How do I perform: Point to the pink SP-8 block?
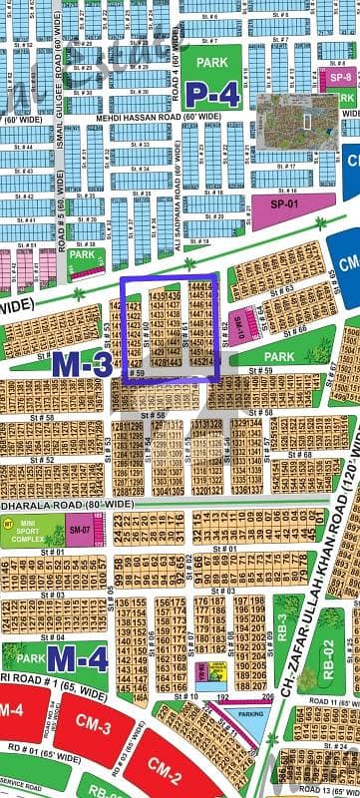(x=340, y=77)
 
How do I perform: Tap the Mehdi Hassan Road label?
(x=159, y=117)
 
